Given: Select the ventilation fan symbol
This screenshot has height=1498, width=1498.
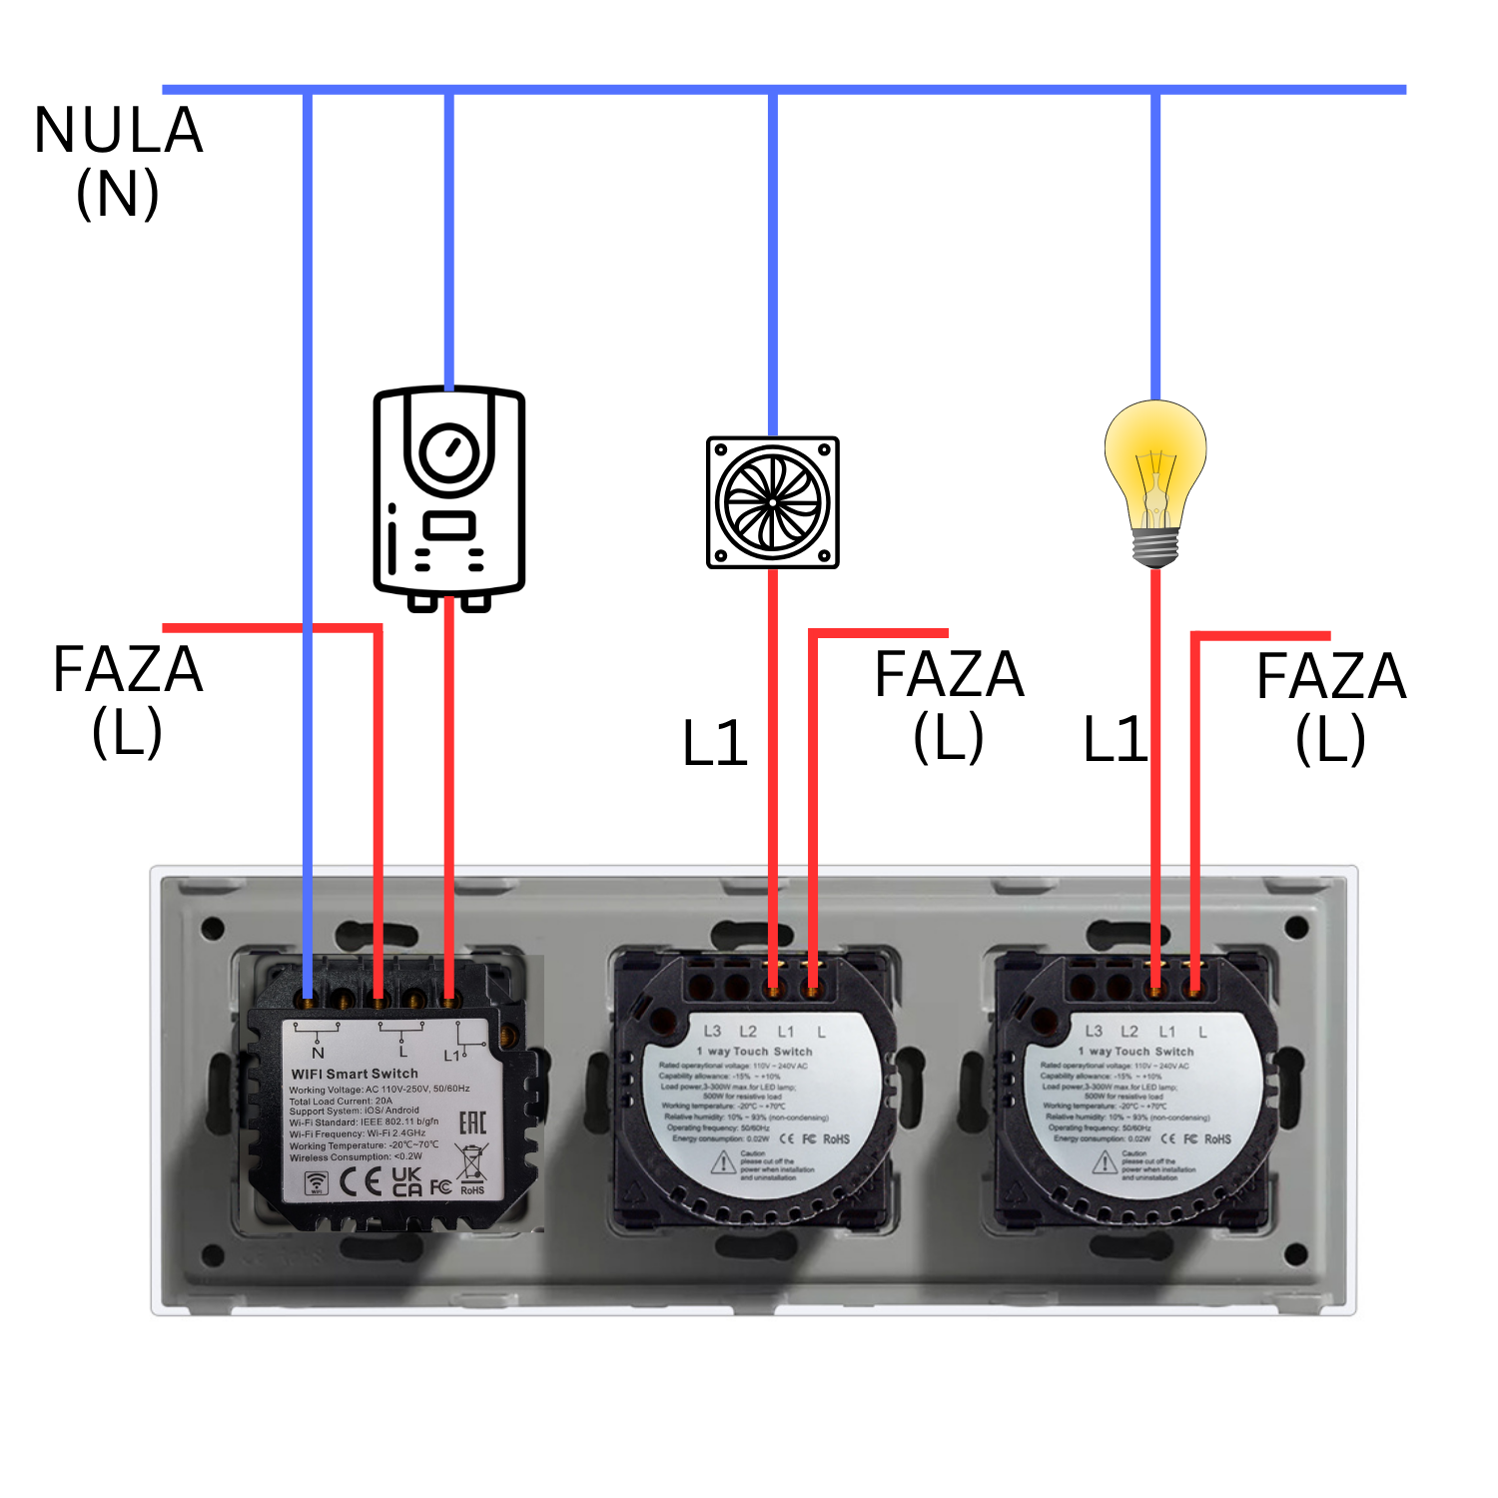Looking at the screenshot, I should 773,502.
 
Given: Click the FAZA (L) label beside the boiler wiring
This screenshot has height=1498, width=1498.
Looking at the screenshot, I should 127,699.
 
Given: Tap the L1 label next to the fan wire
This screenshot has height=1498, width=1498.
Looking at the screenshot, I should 715,744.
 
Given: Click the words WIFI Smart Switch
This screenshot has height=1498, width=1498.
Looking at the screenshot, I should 355,1074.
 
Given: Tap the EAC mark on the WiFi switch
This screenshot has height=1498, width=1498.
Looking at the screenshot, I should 472,1123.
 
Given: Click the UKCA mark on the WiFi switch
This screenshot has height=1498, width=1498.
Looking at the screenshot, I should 406,1181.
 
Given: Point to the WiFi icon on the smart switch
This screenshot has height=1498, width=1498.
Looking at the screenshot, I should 316,1183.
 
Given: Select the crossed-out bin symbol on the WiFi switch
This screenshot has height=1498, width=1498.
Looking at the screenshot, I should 471,1163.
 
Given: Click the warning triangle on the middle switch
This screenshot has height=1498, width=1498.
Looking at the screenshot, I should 723,1162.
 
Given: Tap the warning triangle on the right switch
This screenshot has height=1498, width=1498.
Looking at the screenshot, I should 1105,1162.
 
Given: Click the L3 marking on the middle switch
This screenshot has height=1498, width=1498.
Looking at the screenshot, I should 712,1031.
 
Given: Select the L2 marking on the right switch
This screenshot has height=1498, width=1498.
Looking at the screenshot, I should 1129,1031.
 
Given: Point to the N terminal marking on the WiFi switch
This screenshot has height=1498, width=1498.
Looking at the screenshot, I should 318,1052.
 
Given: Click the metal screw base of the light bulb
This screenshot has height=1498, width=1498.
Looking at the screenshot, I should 1155,547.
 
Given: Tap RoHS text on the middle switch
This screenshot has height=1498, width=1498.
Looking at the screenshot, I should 836,1138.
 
